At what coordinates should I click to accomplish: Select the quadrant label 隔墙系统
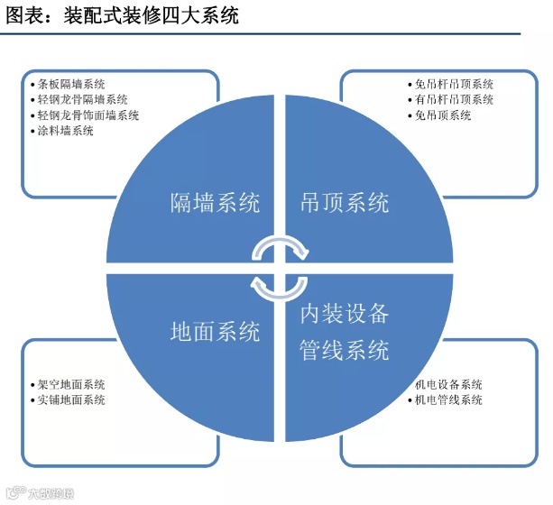215,202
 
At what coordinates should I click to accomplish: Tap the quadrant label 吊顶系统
344,202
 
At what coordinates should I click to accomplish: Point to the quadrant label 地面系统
215,331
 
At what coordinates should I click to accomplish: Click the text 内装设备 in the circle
344,314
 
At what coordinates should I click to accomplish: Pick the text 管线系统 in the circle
344,349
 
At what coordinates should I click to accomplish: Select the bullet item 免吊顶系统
443,115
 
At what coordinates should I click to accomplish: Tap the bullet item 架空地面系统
72,383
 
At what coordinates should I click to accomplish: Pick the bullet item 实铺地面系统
72,399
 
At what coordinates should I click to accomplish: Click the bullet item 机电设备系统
448,383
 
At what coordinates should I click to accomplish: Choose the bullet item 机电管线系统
448,399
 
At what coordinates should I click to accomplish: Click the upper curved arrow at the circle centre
280,248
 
